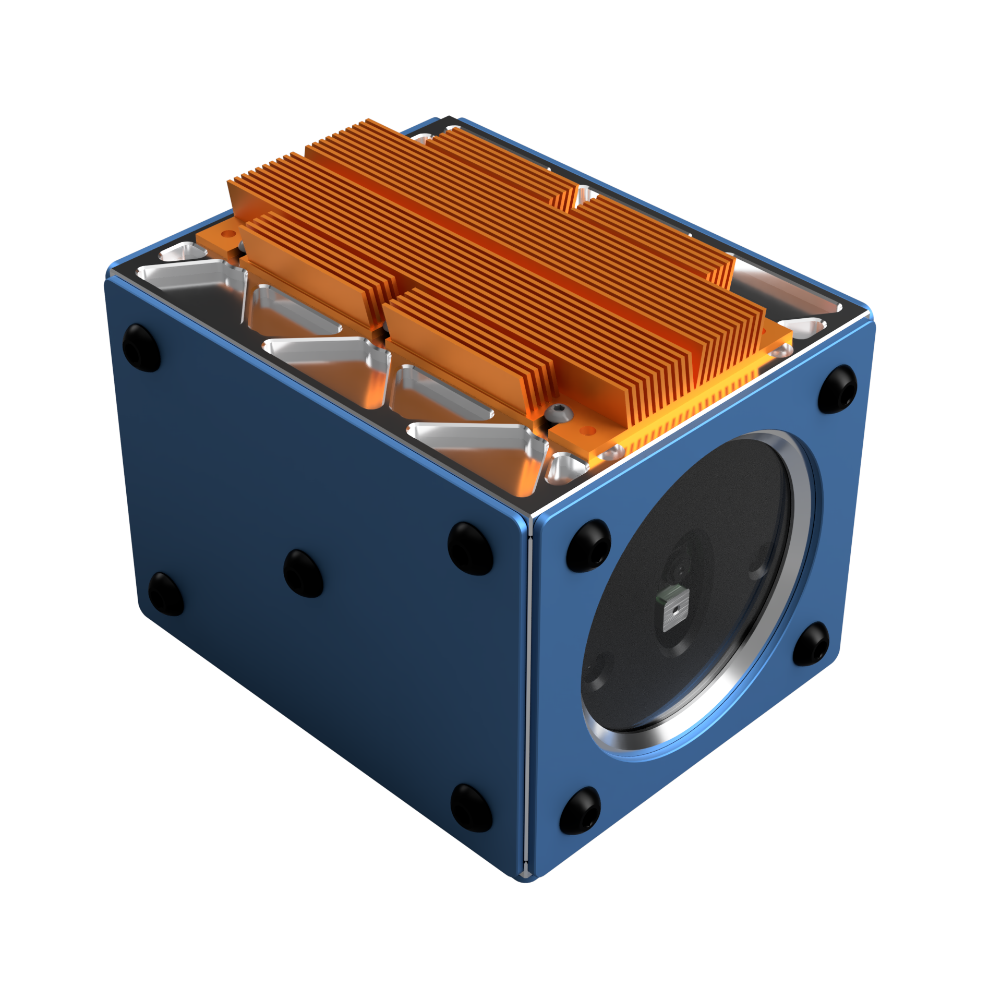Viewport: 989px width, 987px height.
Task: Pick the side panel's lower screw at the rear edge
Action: click(166, 594)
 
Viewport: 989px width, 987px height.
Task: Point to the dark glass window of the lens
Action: click(694, 574)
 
